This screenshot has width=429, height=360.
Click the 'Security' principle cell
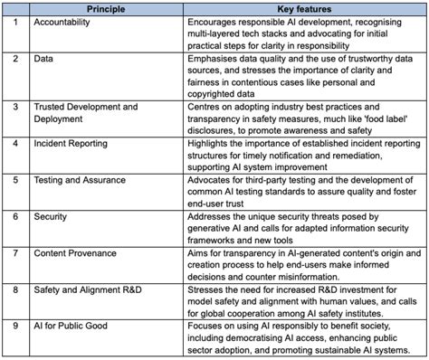(52, 217)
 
